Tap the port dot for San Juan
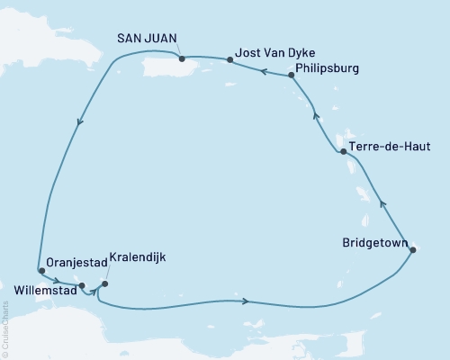(183, 59)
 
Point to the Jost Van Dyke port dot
(230, 60)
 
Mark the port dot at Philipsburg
(292, 76)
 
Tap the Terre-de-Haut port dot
(343, 153)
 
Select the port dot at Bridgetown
(412, 249)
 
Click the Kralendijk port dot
(104, 284)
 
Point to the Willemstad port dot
(82, 286)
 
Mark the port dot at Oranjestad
(40, 270)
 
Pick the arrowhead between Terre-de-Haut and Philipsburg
(315, 113)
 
